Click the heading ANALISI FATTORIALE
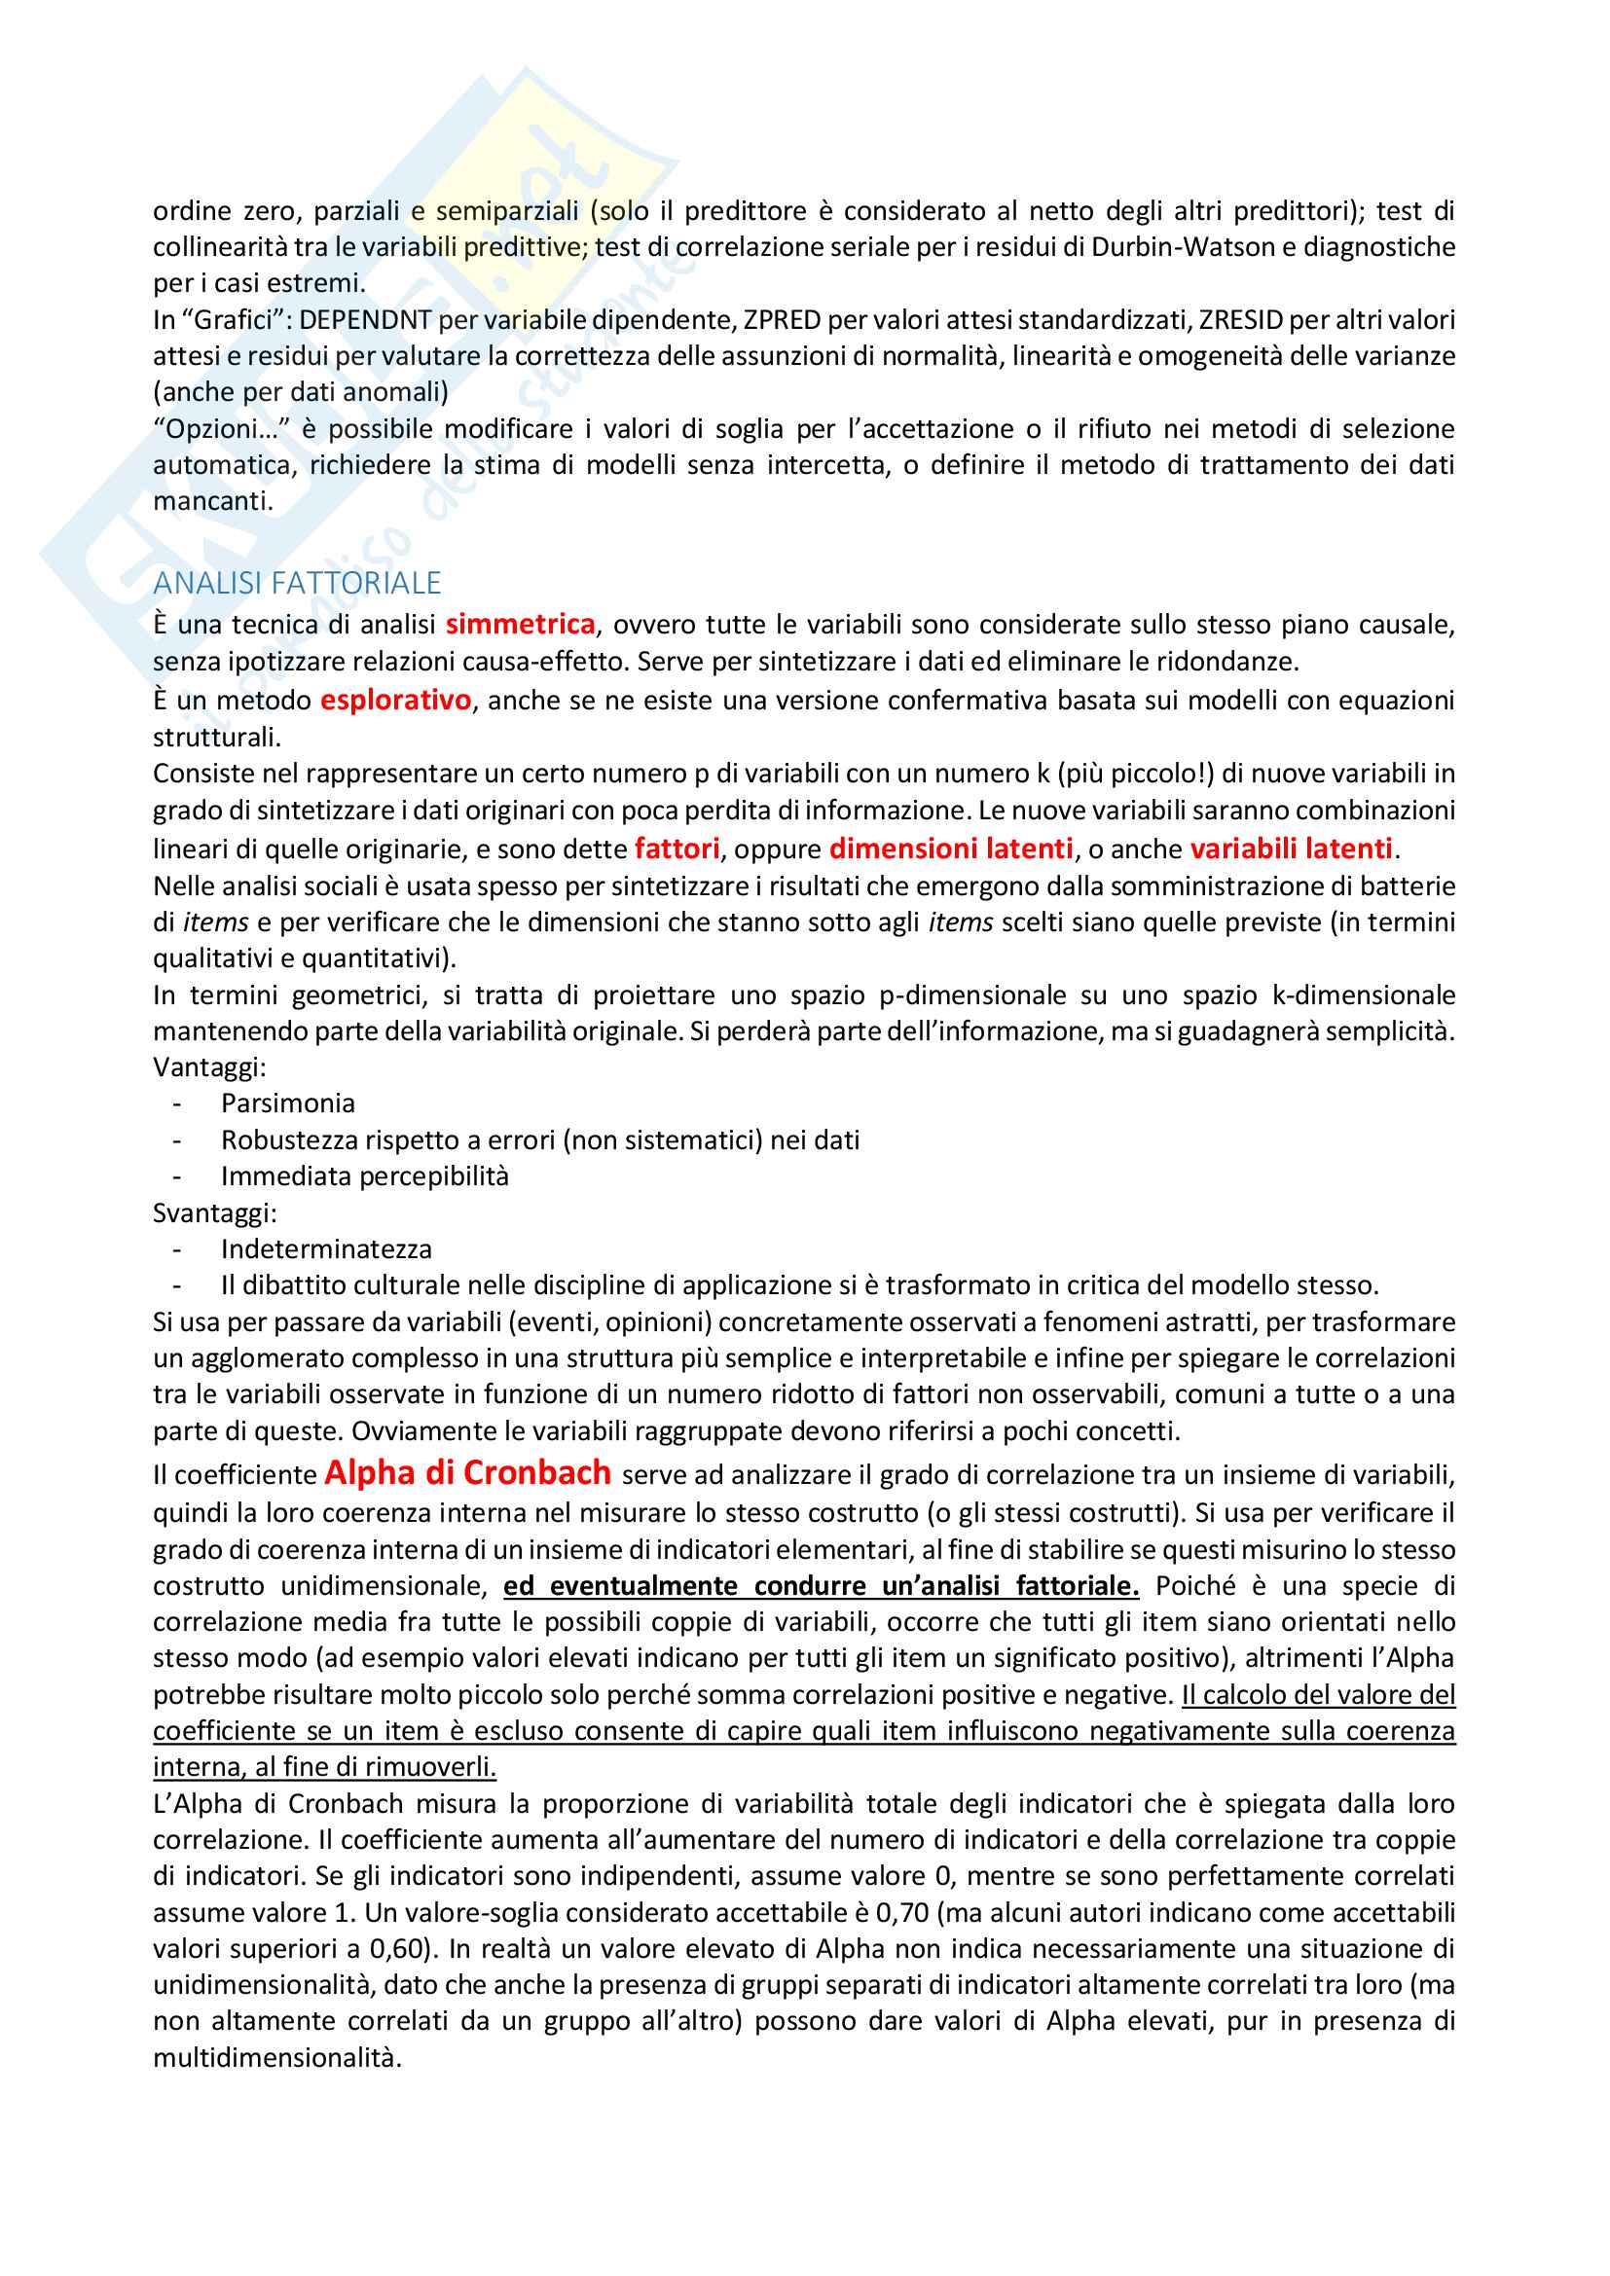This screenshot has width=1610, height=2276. (x=297, y=583)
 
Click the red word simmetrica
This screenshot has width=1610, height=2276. (x=520, y=624)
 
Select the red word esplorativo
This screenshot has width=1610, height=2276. (x=394, y=700)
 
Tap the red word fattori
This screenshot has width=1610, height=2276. (x=677, y=849)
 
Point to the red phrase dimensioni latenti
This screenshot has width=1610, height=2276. (x=951, y=849)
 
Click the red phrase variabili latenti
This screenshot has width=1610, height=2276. (x=1291, y=849)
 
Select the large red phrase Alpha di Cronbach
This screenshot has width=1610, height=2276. (x=467, y=1473)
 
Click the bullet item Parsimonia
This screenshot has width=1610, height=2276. (x=287, y=1103)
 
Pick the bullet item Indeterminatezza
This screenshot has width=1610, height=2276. (x=326, y=1249)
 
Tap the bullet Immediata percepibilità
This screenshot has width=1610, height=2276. (x=364, y=1176)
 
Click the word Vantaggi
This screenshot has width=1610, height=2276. (x=207, y=1067)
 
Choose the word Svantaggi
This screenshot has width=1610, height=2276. (x=213, y=1213)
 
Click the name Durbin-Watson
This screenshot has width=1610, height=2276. (x=1183, y=247)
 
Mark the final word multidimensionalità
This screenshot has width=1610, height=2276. (x=276, y=2058)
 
